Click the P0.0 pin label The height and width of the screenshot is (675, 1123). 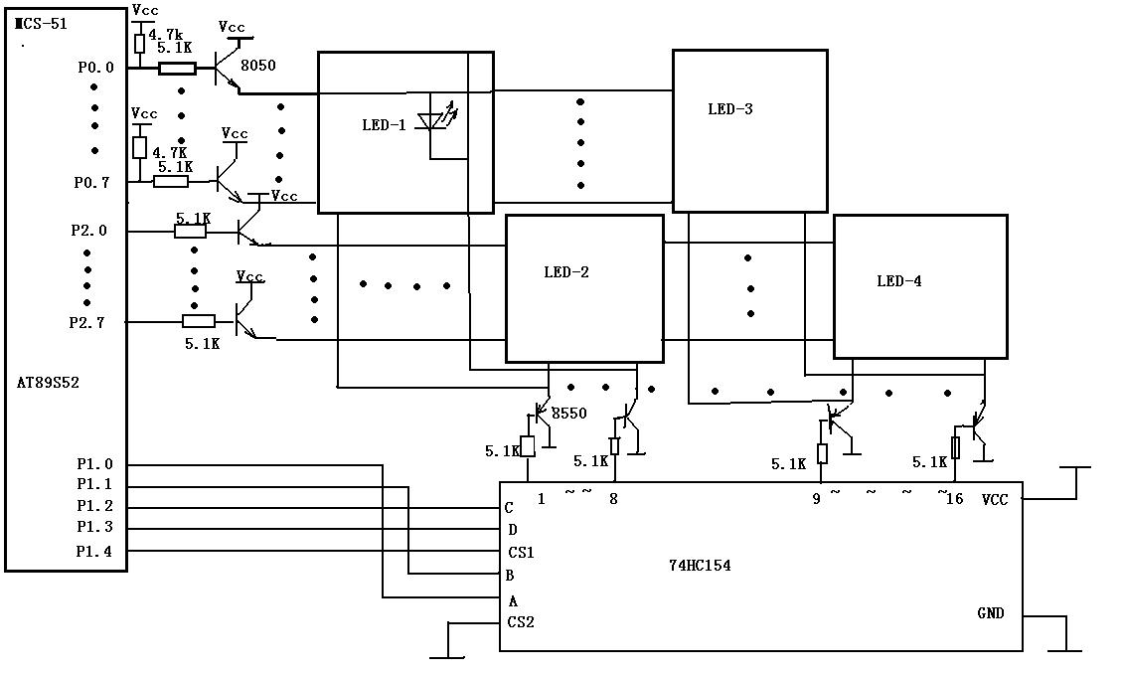(x=96, y=68)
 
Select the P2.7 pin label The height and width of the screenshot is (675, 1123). (x=87, y=323)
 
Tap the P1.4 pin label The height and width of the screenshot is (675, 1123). (x=94, y=552)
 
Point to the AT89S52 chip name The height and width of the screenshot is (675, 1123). (x=48, y=383)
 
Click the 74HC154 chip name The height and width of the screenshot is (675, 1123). (x=700, y=566)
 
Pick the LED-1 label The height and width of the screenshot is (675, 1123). (x=384, y=125)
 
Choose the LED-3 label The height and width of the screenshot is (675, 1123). (x=730, y=109)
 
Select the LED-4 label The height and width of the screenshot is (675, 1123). (x=899, y=281)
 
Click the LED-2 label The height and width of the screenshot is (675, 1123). (x=566, y=271)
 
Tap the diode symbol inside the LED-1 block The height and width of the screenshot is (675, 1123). (x=434, y=119)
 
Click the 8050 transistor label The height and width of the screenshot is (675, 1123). (x=257, y=66)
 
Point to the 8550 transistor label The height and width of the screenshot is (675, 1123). (x=569, y=413)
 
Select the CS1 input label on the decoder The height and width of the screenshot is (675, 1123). (x=522, y=553)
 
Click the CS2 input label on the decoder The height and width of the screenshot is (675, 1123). (x=522, y=622)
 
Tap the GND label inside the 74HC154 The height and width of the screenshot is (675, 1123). (x=991, y=613)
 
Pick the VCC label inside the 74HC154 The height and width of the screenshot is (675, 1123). (x=995, y=499)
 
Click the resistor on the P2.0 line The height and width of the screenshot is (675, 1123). (x=190, y=232)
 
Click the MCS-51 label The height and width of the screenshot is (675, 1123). (x=41, y=24)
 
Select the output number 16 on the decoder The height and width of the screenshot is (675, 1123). (x=955, y=499)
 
